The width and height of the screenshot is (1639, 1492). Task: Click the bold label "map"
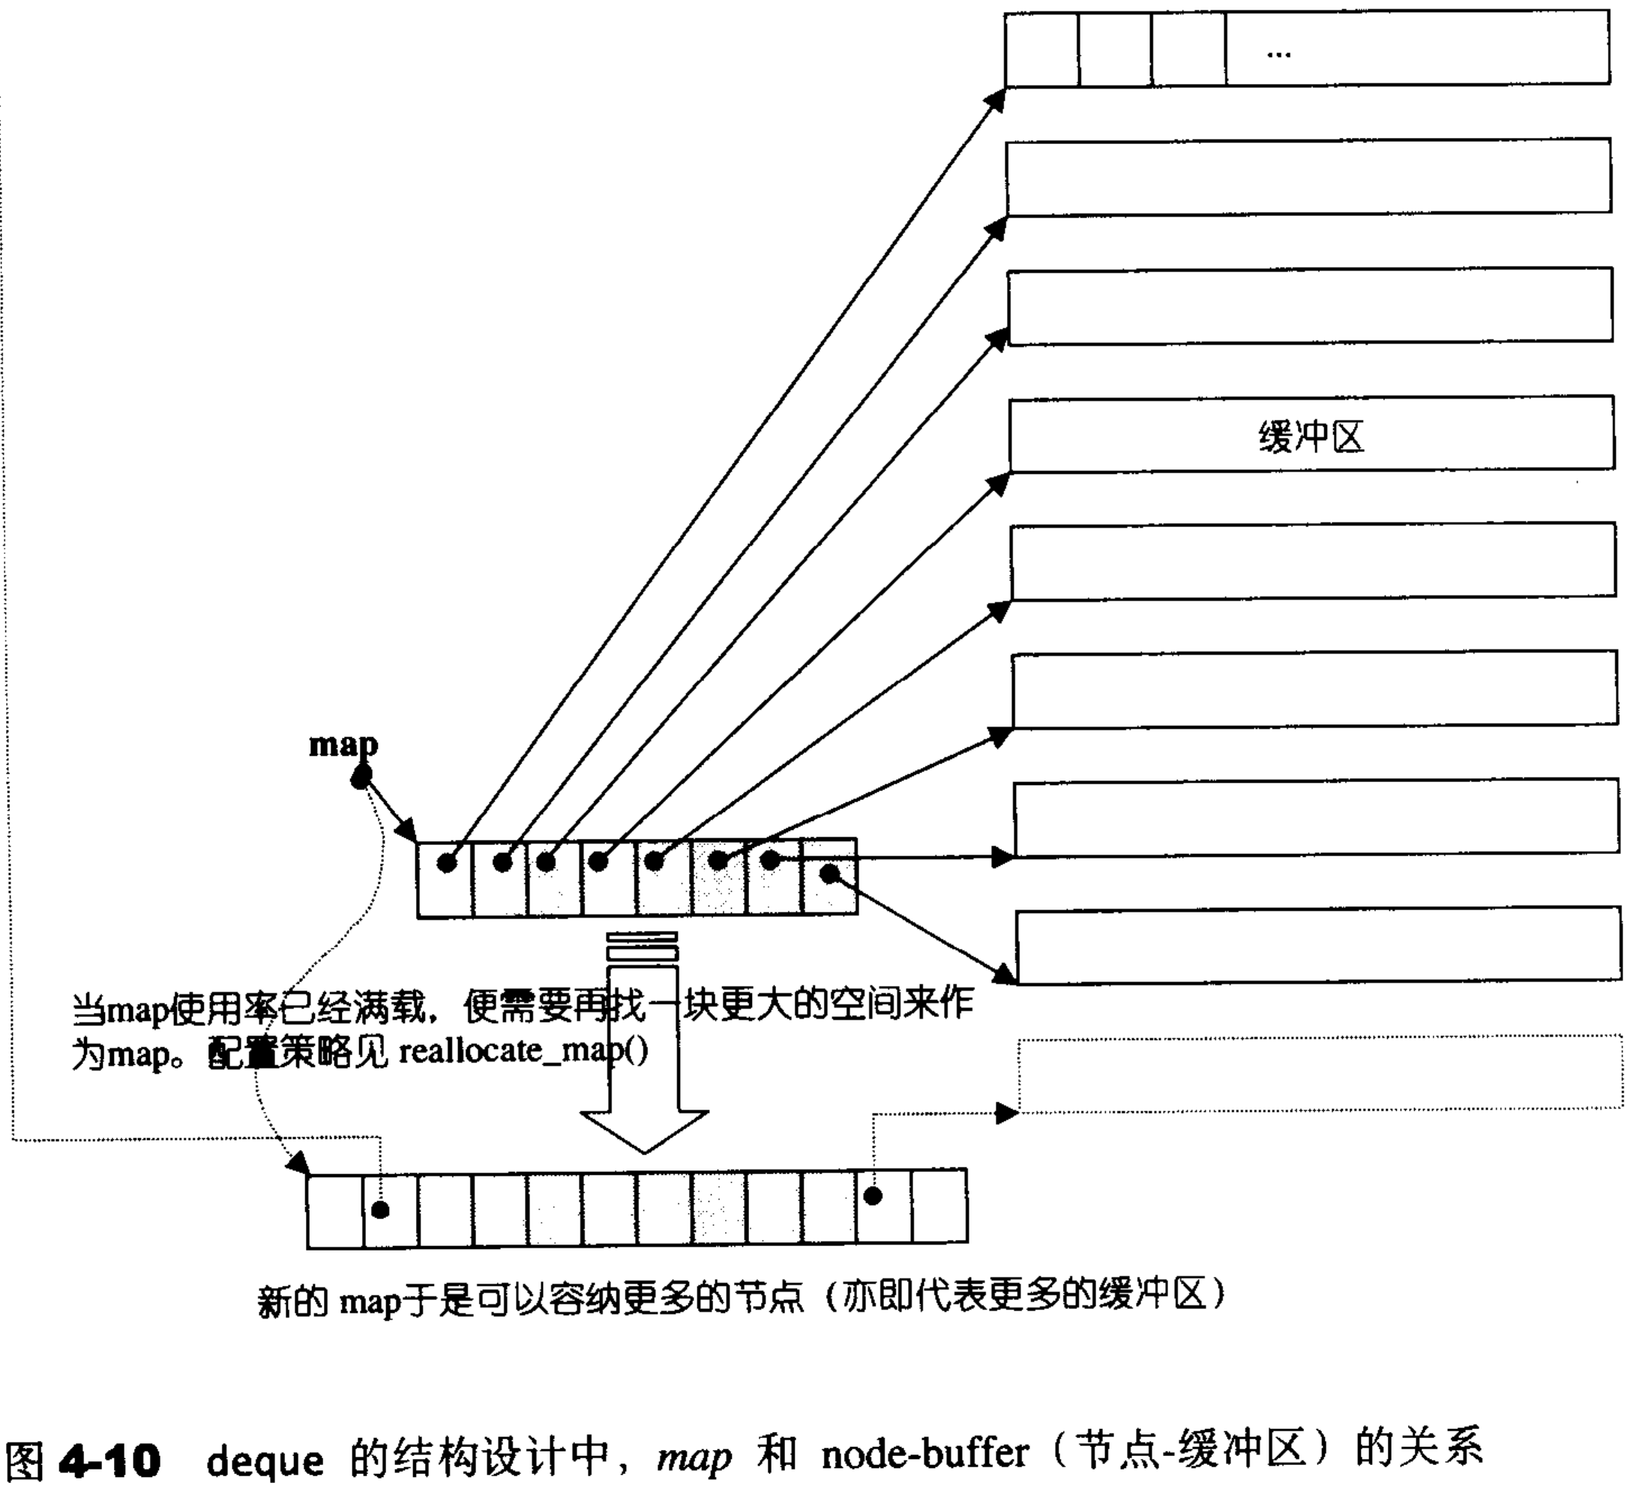coord(343,745)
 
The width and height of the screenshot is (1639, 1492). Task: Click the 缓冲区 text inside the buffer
coord(1311,437)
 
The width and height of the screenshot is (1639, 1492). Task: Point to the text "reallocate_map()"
coord(523,1051)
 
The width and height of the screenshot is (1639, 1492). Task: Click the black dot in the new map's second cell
coord(380,1211)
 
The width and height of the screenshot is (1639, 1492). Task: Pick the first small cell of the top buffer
coord(1041,49)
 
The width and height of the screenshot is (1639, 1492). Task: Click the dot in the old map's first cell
coord(446,863)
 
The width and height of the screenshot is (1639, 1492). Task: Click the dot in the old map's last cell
coord(829,874)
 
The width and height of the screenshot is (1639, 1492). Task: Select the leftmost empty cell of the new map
coord(335,1210)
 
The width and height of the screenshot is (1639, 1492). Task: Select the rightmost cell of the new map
coord(939,1206)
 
